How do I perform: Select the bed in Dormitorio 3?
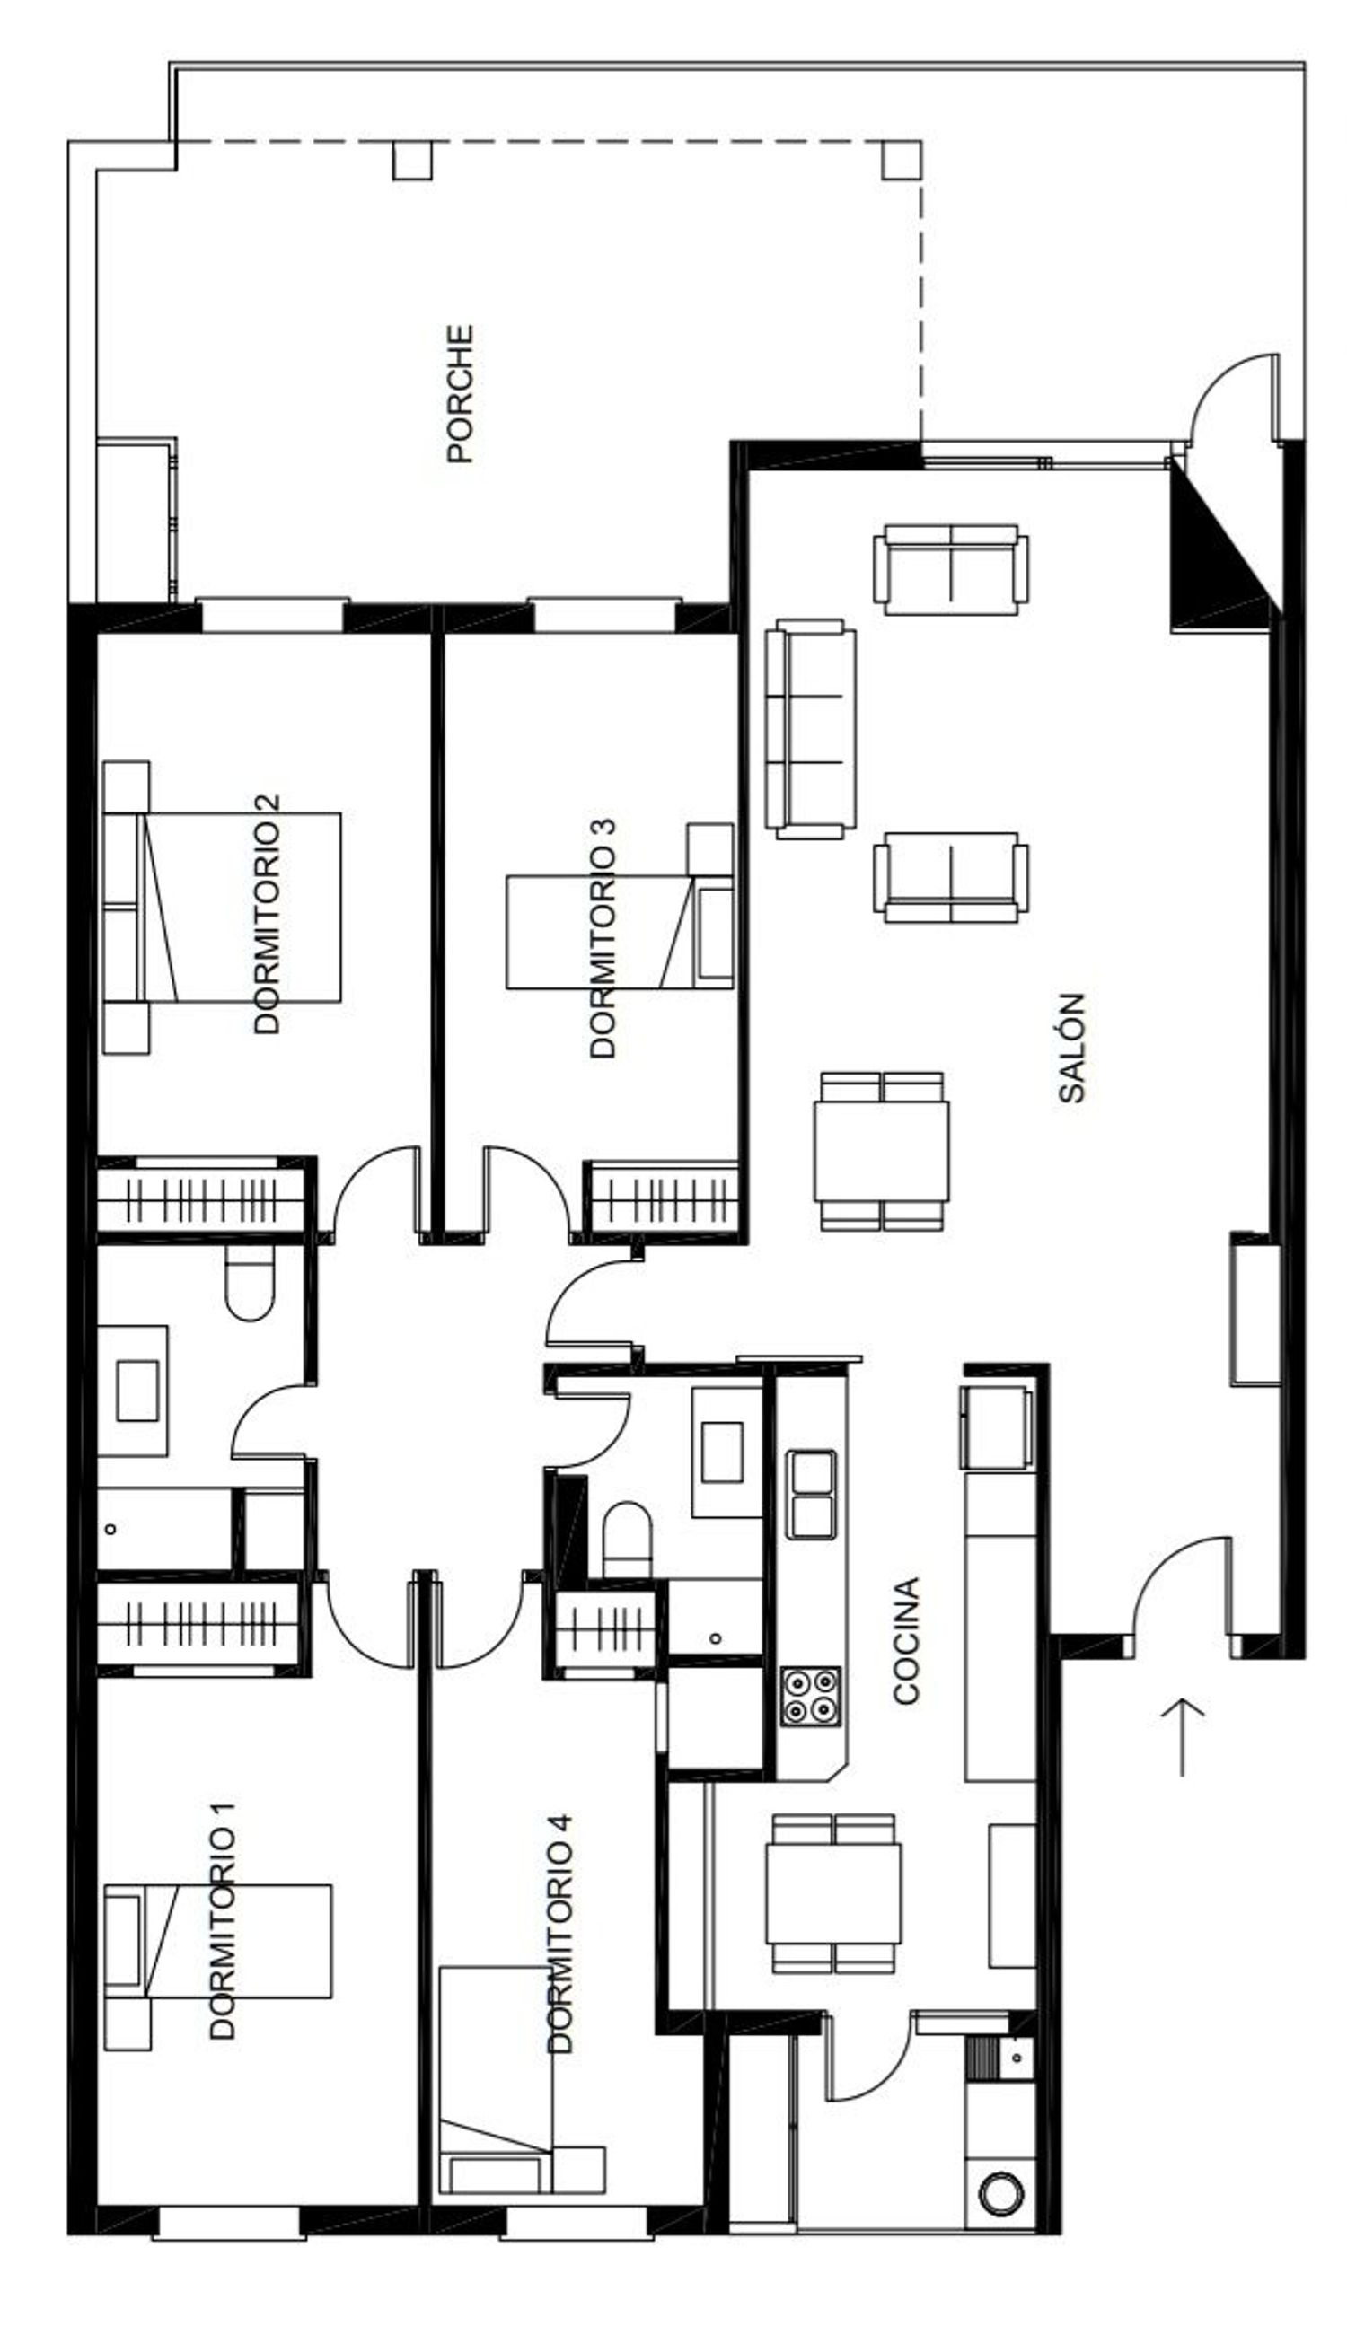[620, 931]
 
